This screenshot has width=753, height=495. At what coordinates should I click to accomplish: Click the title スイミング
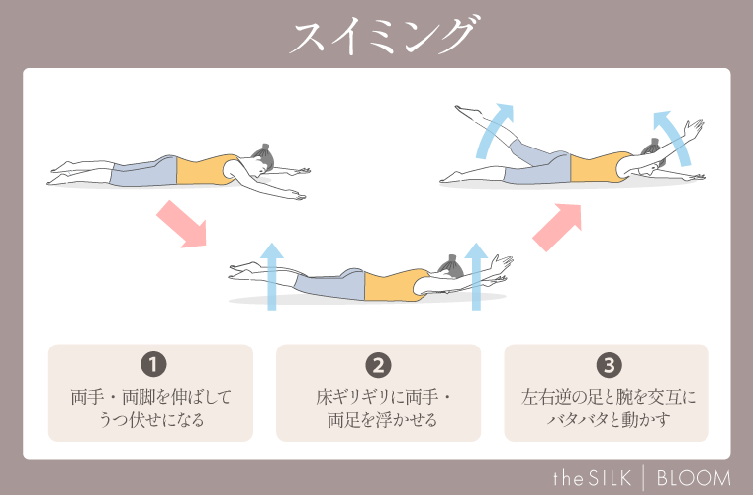point(376,37)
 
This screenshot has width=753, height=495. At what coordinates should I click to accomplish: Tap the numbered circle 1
point(151,364)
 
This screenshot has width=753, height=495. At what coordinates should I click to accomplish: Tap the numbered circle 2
point(377,364)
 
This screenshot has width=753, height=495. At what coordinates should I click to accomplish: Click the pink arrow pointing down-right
point(180,224)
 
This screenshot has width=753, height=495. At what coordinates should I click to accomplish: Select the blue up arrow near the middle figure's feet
point(272,276)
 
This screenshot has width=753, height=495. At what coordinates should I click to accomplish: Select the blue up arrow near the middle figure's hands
point(478,276)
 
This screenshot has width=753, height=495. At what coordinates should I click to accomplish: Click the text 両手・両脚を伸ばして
point(150,398)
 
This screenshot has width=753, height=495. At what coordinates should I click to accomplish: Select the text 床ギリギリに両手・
point(377,398)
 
